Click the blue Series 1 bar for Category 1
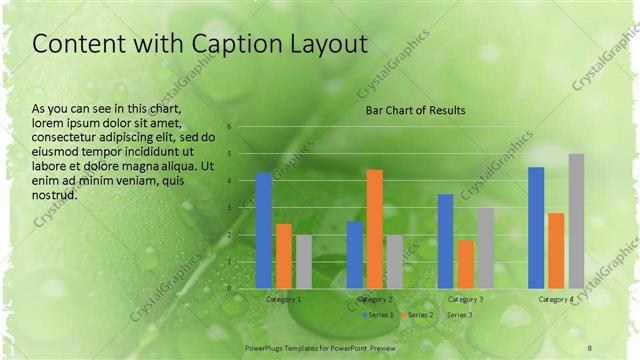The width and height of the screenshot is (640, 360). [x=264, y=231]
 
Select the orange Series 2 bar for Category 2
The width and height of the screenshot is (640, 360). [x=374, y=229]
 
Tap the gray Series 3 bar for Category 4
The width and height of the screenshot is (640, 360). [x=576, y=221]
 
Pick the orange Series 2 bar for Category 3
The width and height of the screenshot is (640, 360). [x=465, y=264]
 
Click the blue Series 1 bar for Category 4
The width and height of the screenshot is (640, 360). [x=536, y=228]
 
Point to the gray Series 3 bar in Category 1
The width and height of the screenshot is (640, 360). [x=304, y=262]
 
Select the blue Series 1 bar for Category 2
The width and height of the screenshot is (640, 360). [x=355, y=255]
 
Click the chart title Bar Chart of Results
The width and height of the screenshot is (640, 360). [x=415, y=110]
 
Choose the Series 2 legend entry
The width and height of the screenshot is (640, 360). [x=417, y=315]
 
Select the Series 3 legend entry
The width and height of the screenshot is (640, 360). [x=457, y=315]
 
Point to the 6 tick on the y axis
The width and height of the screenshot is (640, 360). [x=229, y=127]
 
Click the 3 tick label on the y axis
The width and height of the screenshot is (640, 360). [x=229, y=208]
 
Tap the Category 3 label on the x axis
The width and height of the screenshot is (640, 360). [x=465, y=299]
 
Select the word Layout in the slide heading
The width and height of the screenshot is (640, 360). [x=324, y=45]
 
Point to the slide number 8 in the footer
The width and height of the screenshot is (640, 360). [x=590, y=346]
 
